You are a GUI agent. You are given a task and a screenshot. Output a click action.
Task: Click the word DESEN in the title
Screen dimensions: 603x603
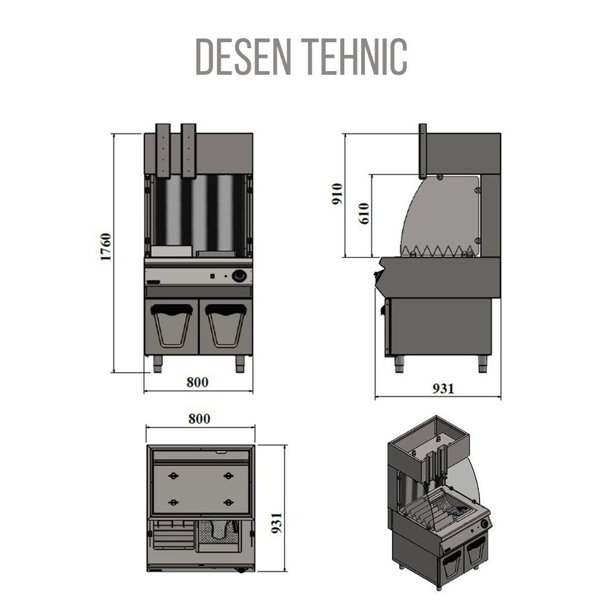point(245,57)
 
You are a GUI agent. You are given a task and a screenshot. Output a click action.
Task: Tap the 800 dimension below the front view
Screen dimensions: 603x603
point(197,382)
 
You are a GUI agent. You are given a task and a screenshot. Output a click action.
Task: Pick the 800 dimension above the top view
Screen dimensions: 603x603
point(199,419)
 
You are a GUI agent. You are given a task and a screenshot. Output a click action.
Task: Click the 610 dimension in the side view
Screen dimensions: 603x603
point(362,213)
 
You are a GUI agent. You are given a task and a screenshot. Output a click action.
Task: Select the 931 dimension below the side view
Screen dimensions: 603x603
point(443,389)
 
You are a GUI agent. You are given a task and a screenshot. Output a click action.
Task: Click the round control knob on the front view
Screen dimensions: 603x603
point(240,276)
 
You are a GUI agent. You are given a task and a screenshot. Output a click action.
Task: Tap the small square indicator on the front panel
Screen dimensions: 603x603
point(213,277)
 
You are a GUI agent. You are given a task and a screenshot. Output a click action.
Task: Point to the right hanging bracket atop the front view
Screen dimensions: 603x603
point(189,151)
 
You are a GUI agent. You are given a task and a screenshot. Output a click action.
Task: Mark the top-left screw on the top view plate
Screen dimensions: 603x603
point(174,475)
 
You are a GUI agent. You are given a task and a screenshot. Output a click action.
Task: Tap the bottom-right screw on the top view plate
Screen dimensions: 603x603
point(228,502)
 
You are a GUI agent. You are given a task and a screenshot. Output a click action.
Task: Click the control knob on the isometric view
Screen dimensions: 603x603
point(484,524)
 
